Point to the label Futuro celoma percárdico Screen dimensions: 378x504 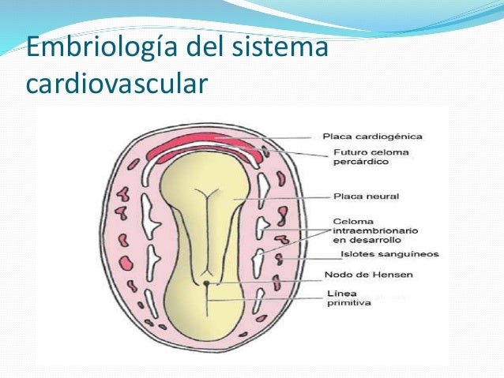tap(360, 157)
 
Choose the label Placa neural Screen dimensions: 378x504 tap(355, 196)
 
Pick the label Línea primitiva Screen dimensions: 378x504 tap(348, 299)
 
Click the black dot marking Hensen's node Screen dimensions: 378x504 tap(205, 282)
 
